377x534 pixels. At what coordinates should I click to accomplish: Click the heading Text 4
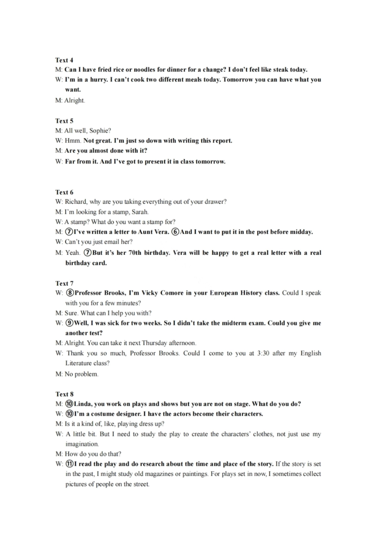(x=64, y=60)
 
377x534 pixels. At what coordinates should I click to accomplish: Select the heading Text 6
(x=64, y=192)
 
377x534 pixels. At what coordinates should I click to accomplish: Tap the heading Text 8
(x=64, y=394)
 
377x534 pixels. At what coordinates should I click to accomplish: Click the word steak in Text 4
(x=281, y=69)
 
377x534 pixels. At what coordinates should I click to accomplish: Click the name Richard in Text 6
(x=76, y=202)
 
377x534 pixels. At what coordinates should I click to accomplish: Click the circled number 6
(x=175, y=232)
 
